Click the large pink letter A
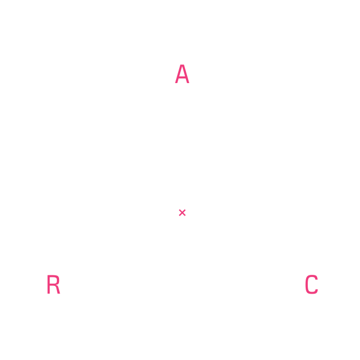point(182,74)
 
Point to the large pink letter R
point(53,284)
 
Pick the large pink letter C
point(311,285)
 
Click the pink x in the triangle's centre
point(182,213)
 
